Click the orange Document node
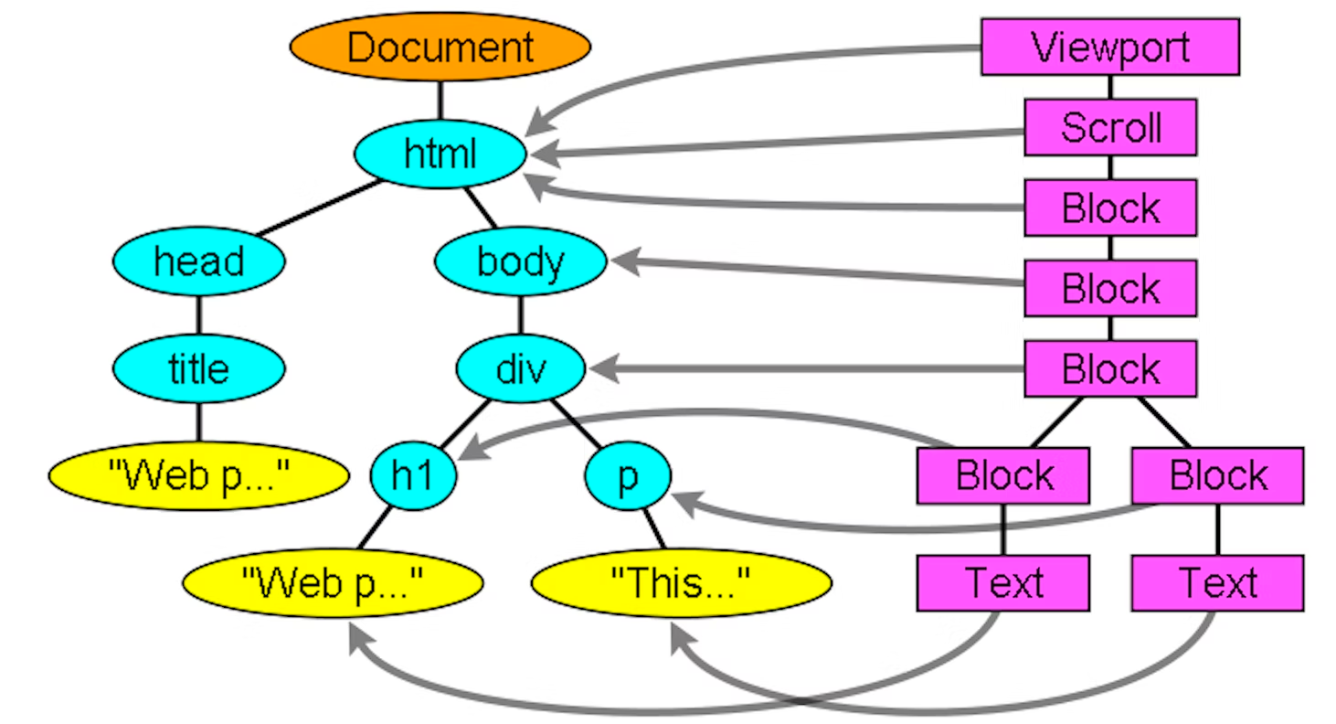[440, 46]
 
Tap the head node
[199, 261]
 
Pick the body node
[521, 261]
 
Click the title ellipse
[199, 368]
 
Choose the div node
[521, 368]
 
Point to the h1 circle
[413, 476]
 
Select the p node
[628, 476]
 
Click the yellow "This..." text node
[681, 582]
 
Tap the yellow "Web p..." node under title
[199, 475]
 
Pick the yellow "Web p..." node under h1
[333, 582]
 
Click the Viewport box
[1110, 47]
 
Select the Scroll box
[1110, 127]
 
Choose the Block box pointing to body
[1110, 288]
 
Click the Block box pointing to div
[1110, 368]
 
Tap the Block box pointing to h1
[1003, 475]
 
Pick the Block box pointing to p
[1217, 475]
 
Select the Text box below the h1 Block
[1003, 582]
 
